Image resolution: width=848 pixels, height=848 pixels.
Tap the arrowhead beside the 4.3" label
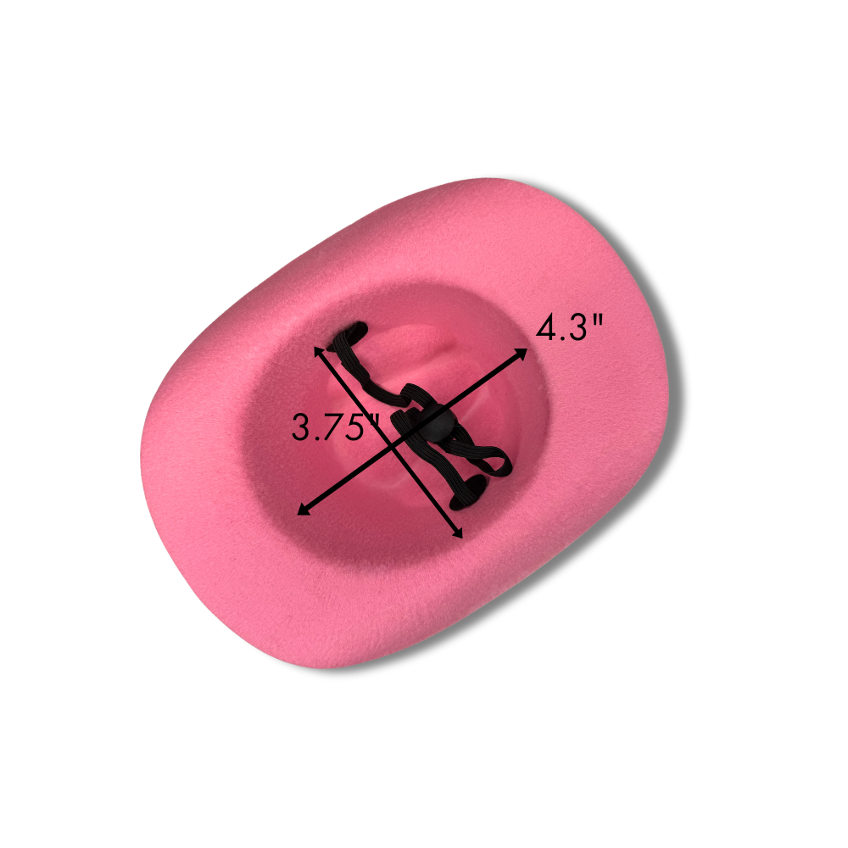(521, 354)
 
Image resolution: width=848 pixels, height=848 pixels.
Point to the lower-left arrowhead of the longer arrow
(306, 508)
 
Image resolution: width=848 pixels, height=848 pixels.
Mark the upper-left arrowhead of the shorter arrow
(319, 354)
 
